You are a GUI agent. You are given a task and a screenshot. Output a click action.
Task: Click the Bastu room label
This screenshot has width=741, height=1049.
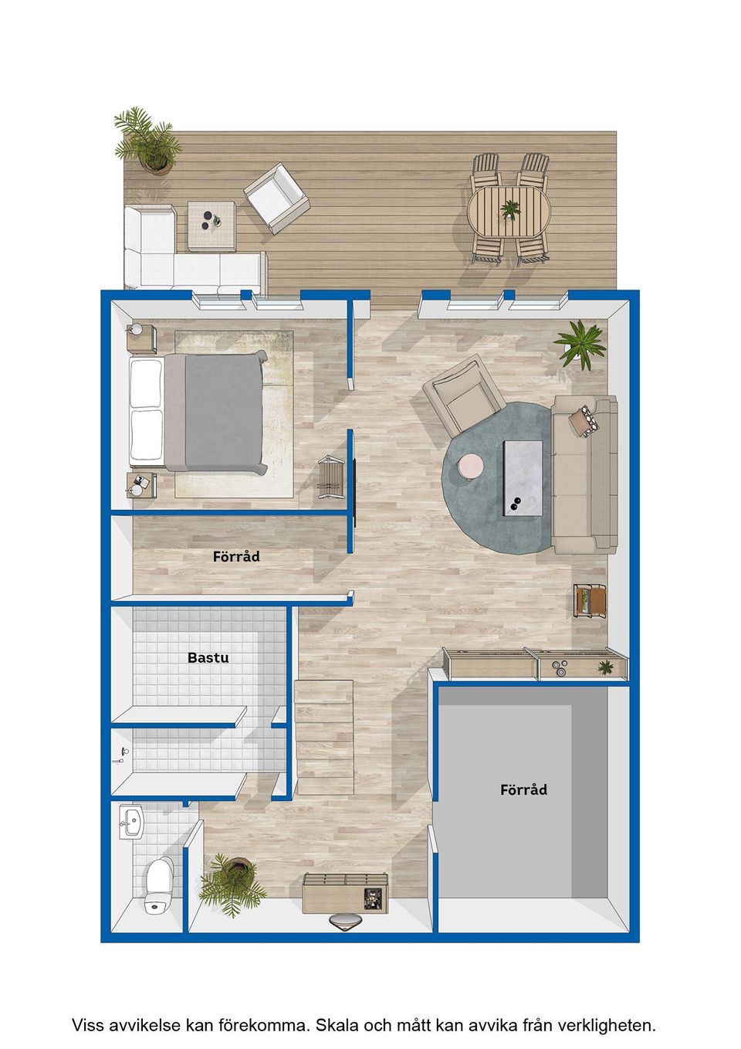click(208, 657)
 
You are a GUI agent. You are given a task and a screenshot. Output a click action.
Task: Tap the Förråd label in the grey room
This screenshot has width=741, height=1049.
click(523, 789)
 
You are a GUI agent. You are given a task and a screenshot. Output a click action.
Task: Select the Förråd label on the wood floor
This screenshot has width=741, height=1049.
click(236, 556)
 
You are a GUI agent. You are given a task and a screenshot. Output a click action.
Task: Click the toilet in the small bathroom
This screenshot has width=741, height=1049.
click(159, 884)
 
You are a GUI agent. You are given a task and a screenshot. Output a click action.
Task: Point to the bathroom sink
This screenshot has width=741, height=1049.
click(130, 822)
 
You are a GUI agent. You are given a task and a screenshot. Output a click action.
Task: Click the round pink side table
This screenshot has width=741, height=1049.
click(469, 467)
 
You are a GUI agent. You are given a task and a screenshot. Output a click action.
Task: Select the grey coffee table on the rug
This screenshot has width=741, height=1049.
click(523, 478)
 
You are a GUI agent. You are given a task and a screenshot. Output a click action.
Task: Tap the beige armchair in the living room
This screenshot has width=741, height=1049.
click(463, 395)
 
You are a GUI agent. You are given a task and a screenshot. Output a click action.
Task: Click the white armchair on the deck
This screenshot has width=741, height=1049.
click(276, 198)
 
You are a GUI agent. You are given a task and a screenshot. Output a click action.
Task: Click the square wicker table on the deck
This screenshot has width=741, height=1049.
click(211, 226)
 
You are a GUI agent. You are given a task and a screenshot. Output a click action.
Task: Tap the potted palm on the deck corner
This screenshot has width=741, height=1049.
click(147, 141)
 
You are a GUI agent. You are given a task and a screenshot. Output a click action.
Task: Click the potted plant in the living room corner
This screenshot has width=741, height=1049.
click(580, 345)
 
